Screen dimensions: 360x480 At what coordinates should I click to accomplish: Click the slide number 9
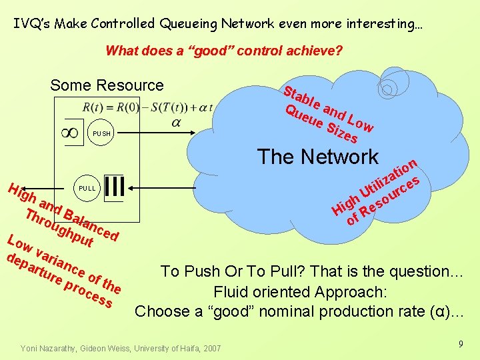[x=460, y=344]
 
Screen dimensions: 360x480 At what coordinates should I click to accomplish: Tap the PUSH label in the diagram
[x=101, y=134]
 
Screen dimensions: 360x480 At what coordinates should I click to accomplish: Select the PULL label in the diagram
[x=87, y=187]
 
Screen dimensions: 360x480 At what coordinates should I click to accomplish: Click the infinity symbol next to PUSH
[x=70, y=133]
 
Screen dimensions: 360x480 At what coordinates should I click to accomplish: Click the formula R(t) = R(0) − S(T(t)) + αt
[x=147, y=107]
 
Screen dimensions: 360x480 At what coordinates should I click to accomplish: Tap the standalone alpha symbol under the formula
[x=176, y=123]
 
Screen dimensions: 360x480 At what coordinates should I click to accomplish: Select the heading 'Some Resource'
[x=107, y=85]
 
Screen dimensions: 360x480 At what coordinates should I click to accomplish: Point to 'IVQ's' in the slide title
[x=32, y=24]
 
